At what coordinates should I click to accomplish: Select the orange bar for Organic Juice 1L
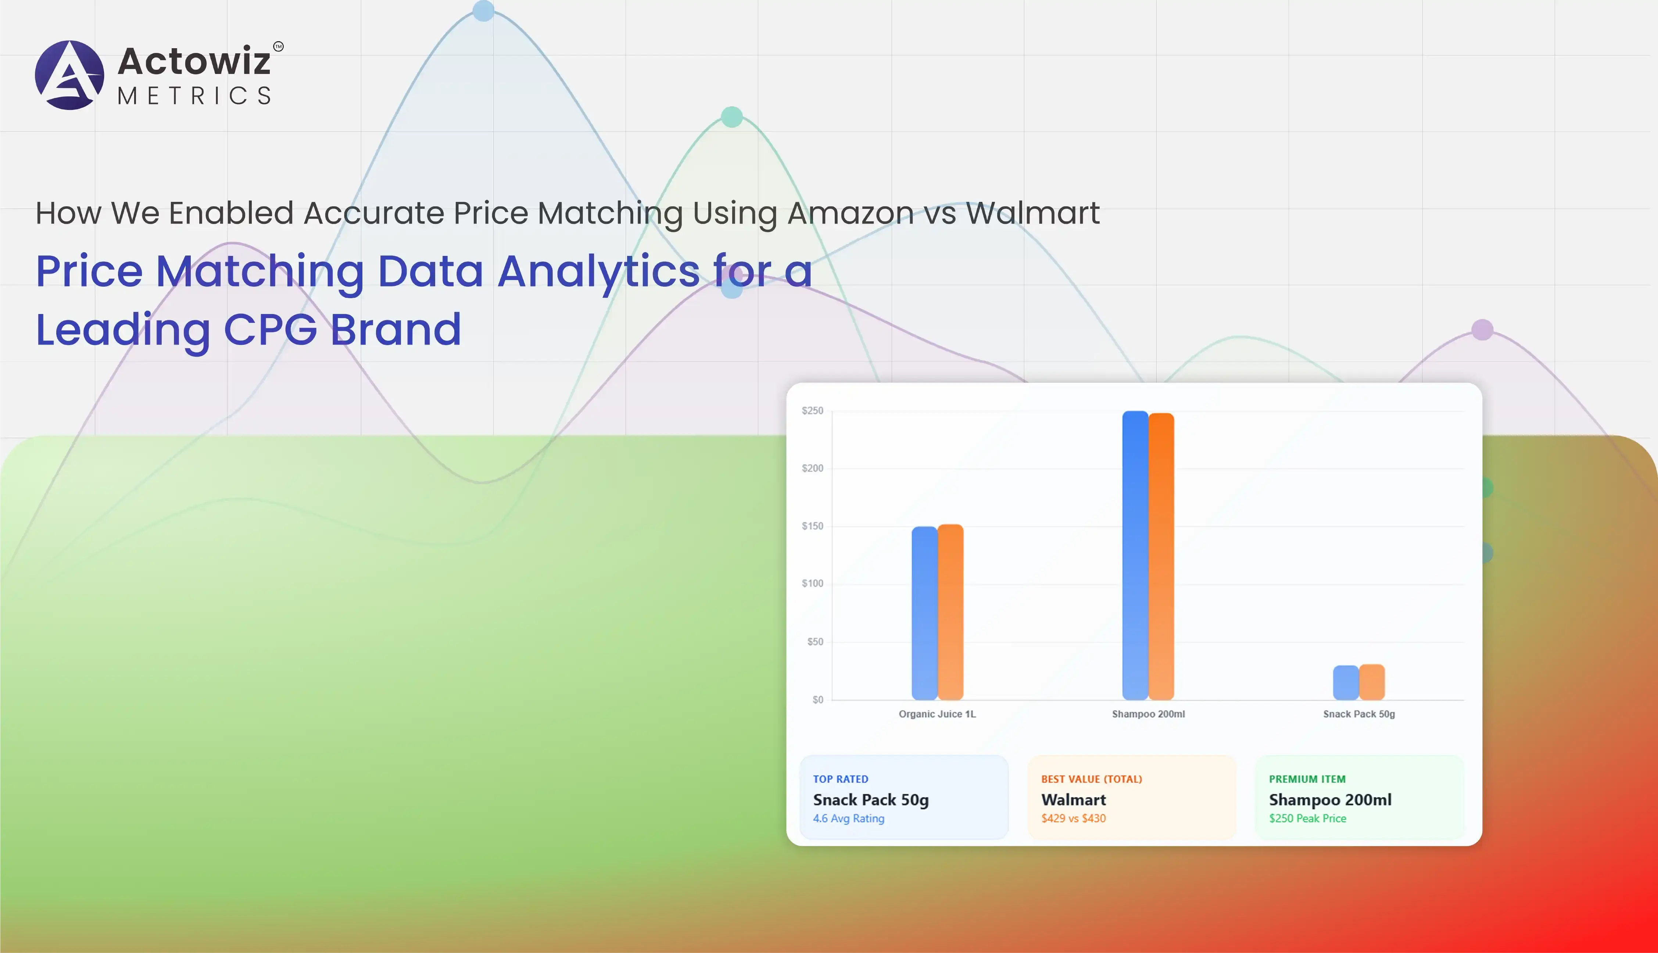tap(951, 612)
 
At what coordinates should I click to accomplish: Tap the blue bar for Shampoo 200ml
tap(1135, 555)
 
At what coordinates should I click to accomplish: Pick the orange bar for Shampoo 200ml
tap(1161, 556)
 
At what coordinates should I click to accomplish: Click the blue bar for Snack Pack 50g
tap(1346, 683)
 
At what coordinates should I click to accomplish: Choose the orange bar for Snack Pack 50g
tap(1372, 682)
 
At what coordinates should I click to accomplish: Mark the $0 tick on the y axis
tap(818, 700)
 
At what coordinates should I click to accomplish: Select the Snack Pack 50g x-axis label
tap(1359, 714)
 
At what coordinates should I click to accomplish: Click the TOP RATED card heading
tap(841, 779)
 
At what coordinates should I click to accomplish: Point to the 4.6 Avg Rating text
tap(849, 818)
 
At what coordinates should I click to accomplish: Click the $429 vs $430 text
tap(1074, 818)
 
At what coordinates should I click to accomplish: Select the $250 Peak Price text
tap(1308, 818)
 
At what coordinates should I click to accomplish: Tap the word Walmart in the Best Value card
tap(1074, 799)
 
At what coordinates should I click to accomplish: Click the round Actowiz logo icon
tap(69, 75)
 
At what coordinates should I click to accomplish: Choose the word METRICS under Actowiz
tap(194, 96)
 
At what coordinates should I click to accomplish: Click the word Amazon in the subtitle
tap(851, 213)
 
